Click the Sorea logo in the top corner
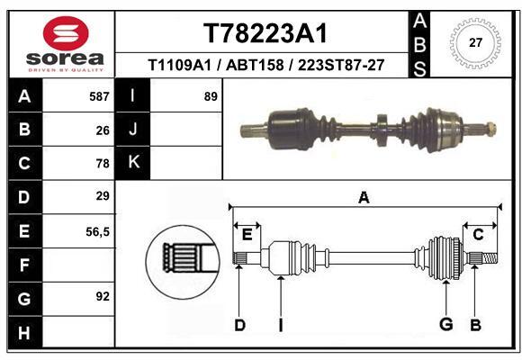(x=65, y=45)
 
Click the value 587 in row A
(x=99, y=96)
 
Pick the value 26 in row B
(x=103, y=130)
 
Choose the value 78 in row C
(x=103, y=164)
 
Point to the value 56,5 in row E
(x=97, y=231)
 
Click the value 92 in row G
(x=103, y=295)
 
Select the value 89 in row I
(x=211, y=96)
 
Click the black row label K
(x=133, y=163)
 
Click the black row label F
(x=23, y=265)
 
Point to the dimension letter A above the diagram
(x=364, y=198)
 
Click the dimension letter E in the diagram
(x=247, y=235)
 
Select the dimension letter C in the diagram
(x=478, y=235)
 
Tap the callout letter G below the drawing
(x=445, y=325)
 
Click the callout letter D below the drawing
(x=239, y=325)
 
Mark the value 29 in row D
(x=103, y=196)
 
